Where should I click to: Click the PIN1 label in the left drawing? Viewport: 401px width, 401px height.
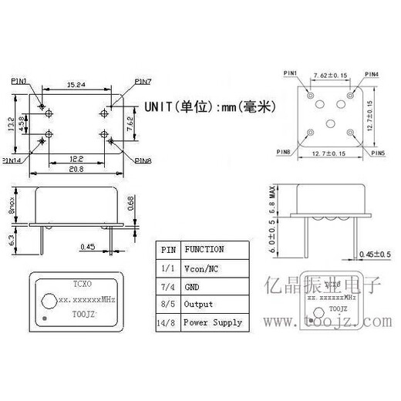click(x=20, y=79)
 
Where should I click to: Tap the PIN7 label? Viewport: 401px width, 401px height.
click(x=143, y=80)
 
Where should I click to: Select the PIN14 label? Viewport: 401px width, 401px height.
click(x=14, y=161)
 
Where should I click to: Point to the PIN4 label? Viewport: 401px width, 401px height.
click(x=372, y=74)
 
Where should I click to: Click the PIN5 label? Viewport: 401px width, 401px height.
click(x=376, y=153)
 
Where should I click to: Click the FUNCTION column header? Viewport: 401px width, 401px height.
click(x=204, y=249)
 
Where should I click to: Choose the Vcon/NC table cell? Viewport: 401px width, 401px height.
click(x=202, y=268)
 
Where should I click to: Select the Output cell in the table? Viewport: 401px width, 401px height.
click(x=197, y=305)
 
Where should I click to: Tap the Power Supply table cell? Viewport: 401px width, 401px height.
click(x=212, y=323)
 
